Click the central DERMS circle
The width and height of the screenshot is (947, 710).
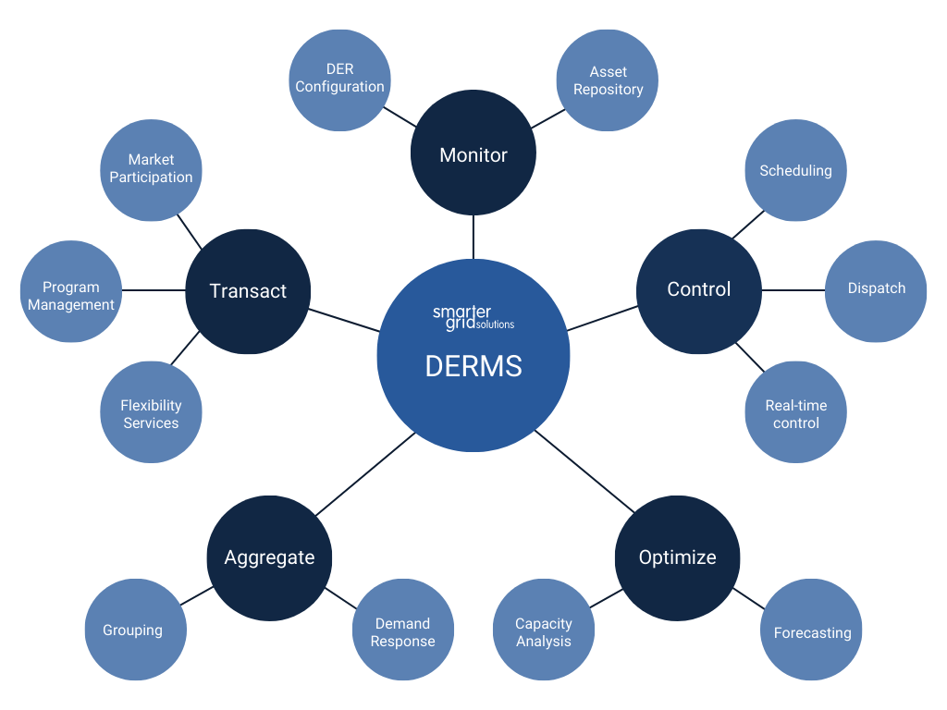473,370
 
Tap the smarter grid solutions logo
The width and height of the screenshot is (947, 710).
473,317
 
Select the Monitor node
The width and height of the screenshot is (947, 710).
473,154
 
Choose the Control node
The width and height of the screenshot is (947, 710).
699,289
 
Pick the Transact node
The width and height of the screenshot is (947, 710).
248,291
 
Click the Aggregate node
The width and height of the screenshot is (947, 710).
269,557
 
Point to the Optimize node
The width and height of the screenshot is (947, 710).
678,557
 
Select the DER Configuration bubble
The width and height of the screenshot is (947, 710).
339,79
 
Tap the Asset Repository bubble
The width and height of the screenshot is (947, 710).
608,80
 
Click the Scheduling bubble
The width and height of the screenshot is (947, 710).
795,170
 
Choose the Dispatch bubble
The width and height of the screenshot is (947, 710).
876,288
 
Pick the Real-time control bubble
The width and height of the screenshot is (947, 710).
795,413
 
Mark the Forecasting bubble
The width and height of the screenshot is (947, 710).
812,632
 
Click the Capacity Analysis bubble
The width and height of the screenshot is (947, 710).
544,632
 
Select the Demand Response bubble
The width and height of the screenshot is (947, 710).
402,632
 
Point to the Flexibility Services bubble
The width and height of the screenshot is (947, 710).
151,413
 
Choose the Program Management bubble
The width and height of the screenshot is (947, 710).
71,296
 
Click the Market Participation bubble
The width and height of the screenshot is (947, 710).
151,169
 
